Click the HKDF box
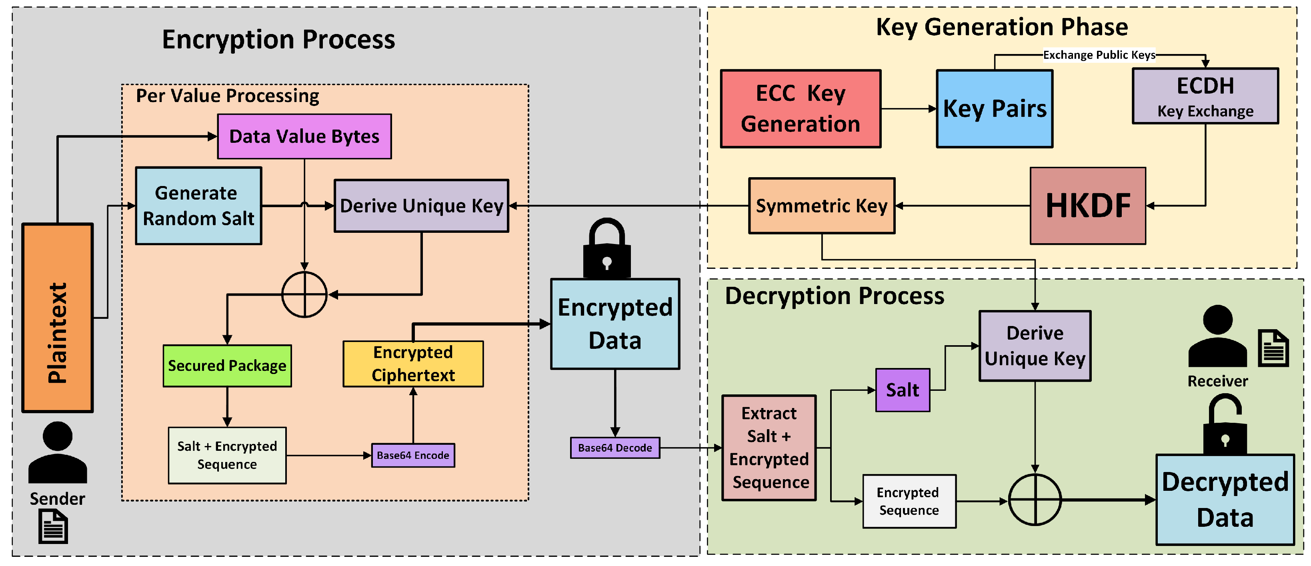(1088, 206)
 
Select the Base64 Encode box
(413, 455)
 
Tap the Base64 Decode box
(615, 448)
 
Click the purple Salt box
(902, 390)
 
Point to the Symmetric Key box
(821, 206)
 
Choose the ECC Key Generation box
(800, 108)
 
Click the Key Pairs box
(995, 108)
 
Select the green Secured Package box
(227, 366)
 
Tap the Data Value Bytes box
(304, 136)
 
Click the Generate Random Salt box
(198, 206)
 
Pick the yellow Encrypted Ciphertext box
(413, 364)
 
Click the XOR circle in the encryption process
(304, 294)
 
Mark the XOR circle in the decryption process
(1035, 500)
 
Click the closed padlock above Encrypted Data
(606, 250)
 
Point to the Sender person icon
(58, 452)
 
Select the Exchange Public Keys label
(1099, 55)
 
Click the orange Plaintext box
(58, 318)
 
